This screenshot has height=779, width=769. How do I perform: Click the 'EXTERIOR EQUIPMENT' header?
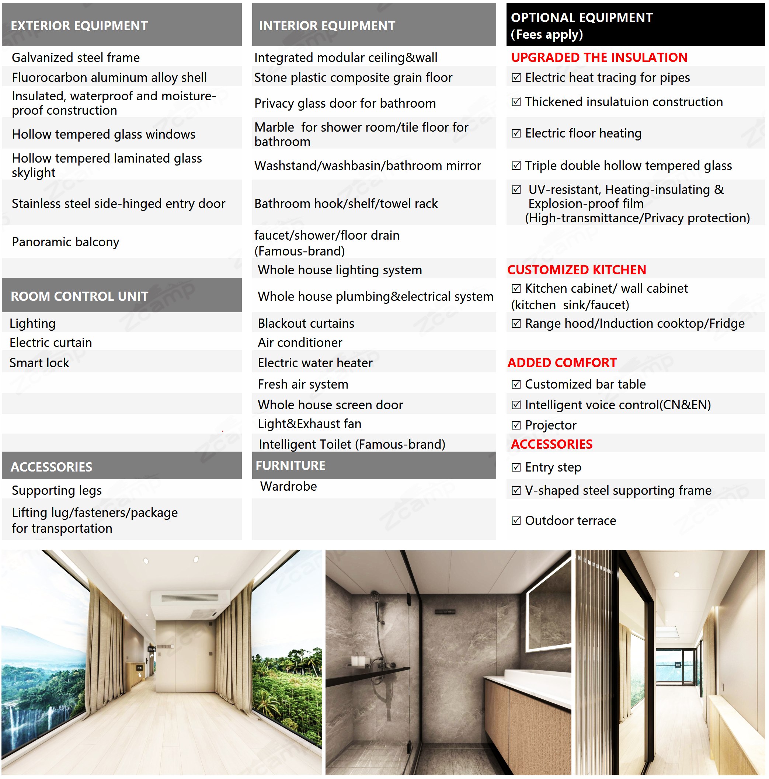pyautogui.click(x=79, y=26)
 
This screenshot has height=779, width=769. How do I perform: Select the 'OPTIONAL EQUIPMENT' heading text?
pyautogui.click(x=581, y=18)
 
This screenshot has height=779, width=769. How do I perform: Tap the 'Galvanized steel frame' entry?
pyautogui.click(x=76, y=58)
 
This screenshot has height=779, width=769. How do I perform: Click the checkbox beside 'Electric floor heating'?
pyautogui.click(x=516, y=133)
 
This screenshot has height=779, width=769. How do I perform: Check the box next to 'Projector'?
pyautogui.click(x=516, y=425)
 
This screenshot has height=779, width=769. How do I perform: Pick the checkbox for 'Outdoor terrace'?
pyautogui.click(x=516, y=521)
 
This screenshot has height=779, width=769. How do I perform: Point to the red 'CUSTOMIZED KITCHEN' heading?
pyautogui.click(x=576, y=270)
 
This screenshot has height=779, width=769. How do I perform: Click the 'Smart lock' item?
pyautogui.click(x=39, y=363)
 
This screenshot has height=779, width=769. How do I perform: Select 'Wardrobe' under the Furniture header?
pyautogui.click(x=288, y=486)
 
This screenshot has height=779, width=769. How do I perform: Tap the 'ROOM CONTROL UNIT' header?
pyautogui.click(x=79, y=296)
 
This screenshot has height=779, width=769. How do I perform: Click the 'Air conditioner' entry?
pyautogui.click(x=300, y=343)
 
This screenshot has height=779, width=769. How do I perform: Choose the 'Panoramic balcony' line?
pyautogui.click(x=65, y=242)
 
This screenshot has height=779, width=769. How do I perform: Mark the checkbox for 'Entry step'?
pyautogui.click(x=516, y=467)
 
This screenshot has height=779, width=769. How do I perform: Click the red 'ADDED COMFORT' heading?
pyautogui.click(x=562, y=363)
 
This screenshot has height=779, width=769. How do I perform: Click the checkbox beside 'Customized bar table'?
pyautogui.click(x=516, y=384)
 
